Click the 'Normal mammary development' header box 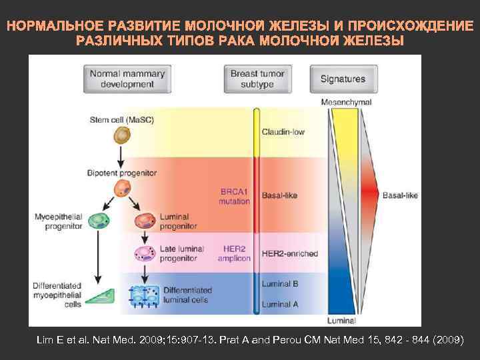(121, 79)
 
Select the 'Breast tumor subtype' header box (257, 79)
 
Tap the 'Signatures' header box (343, 79)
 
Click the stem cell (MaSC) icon (121, 136)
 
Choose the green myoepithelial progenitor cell (99, 220)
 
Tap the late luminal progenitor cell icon (145, 253)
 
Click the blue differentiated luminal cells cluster (145, 295)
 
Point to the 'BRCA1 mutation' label (235, 196)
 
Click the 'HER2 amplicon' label (234, 253)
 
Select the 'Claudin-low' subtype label (283, 132)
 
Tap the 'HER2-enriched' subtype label (290, 254)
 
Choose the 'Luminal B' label (280, 283)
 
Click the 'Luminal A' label (280, 304)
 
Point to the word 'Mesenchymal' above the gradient (346, 102)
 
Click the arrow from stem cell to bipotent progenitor (121, 156)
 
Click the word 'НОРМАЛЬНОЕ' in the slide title (55, 27)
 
